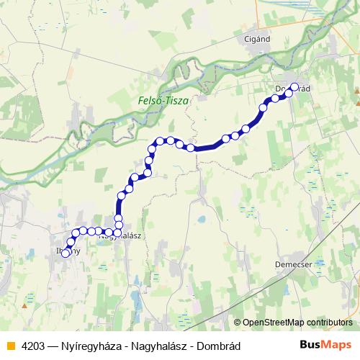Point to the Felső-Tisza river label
tap(163, 102)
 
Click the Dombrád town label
tap(293, 89)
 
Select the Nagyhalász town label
tap(119, 235)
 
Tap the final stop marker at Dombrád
tap(294, 87)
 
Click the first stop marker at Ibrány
tap(66, 253)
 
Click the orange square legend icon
tap(9, 344)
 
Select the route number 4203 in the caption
tap(35, 344)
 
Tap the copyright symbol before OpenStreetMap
tap(238, 323)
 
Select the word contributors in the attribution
tap(329, 323)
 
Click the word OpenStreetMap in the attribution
tap(273, 323)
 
